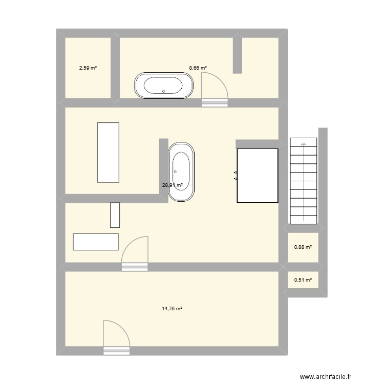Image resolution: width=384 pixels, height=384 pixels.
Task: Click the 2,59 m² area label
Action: tap(88, 68)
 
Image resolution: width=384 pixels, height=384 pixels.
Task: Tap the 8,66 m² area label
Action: tap(198, 68)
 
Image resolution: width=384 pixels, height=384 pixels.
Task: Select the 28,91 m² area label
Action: tap(173, 185)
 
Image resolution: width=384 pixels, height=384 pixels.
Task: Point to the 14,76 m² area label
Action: tap(173, 309)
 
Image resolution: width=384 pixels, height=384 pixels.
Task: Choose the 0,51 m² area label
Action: tap(303, 280)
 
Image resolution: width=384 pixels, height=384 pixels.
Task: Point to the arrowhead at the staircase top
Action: tap(304, 144)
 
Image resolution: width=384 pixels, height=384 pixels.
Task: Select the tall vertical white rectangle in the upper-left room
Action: tap(108, 152)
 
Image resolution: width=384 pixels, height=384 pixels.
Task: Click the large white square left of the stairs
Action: tap(258, 175)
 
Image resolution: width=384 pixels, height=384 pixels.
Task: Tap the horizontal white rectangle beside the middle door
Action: tap(96, 242)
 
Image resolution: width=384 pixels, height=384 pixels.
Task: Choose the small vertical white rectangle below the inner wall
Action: tap(115, 215)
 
